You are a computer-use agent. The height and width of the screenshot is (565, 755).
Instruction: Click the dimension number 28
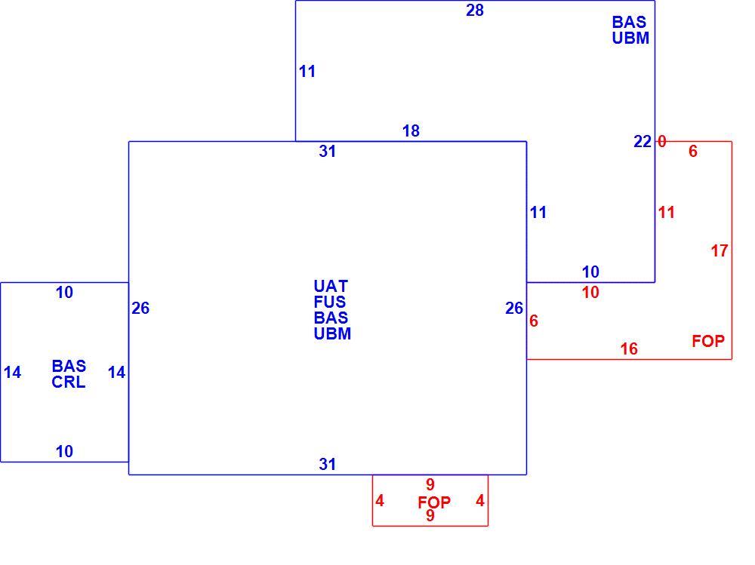pyautogui.click(x=475, y=10)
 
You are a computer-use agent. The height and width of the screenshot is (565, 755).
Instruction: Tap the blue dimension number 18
pyautogui.click(x=411, y=131)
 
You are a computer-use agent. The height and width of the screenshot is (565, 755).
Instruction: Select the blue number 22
pyautogui.click(x=643, y=142)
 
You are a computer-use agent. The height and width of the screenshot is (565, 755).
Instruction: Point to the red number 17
pyautogui.click(x=720, y=250)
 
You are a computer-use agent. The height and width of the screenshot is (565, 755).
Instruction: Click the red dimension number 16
pyautogui.click(x=629, y=349)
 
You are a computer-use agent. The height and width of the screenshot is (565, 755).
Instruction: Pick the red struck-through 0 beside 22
pyautogui.click(x=662, y=142)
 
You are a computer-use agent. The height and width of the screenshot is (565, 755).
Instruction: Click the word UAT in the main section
pyautogui.click(x=331, y=287)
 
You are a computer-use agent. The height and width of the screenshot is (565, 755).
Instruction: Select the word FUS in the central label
pyautogui.click(x=330, y=302)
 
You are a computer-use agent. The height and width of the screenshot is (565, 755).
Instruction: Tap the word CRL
pyautogui.click(x=69, y=382)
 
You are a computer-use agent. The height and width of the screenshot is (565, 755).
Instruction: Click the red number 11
pyautogui.click(x=667, y=212)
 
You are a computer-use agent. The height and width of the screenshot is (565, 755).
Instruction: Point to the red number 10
pyautogui.click(x=590, y=292)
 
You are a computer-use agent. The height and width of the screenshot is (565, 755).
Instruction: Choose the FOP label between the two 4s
pyautogui.click(x=434, y=502)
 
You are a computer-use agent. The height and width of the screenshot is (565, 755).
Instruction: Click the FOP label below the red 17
pyautogui.click(x=708, y=341)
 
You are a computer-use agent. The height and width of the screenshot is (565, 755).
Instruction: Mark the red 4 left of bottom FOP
pyautogui.click(x=380, y=501)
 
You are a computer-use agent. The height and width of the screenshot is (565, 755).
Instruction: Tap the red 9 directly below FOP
pyautogui.click(x=430, y=515)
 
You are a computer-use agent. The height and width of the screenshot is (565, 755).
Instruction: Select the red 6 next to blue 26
pyautogui.click(x=534, y=321)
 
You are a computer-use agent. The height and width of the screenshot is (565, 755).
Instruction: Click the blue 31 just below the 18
pyautogui.click(x=328, y=151)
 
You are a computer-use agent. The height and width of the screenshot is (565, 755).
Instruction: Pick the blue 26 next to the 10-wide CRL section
pyautogui.click(x=140, y=308)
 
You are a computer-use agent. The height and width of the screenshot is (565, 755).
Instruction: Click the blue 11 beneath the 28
pyautogui.click(x=307, y=71)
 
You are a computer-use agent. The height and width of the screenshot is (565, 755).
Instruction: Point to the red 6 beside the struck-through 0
pyautogui.click(x=693, y=151)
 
